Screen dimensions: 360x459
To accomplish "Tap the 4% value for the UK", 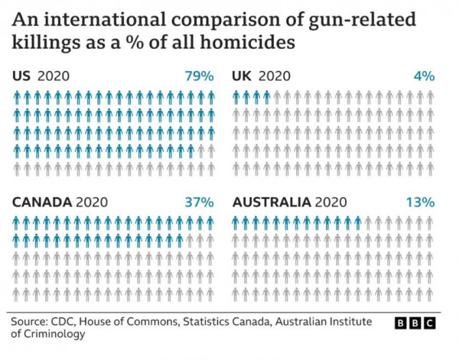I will point(424,76).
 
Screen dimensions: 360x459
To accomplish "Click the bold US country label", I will point(22,76).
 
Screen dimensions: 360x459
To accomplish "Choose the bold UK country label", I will point(242,76).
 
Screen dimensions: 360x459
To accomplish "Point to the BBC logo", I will point(414,324).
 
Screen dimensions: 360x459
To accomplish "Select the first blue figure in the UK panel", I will point(236,97).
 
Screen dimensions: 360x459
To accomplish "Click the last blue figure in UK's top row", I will point(267,97).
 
